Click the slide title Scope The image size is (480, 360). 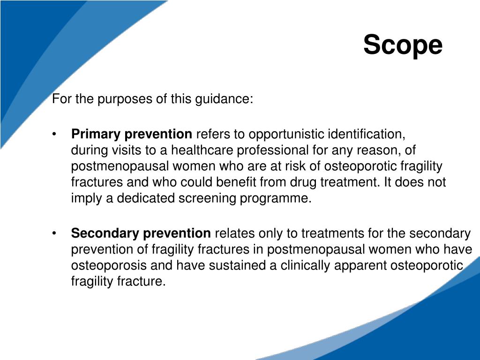pyautogui.click(x=403, y=45)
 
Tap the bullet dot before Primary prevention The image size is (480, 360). pyautogui.click(x=55, y=135)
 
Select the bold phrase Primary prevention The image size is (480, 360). pyautogui.click(x=132, y=135)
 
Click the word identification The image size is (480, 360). pyautogui.click(x=366, y=135)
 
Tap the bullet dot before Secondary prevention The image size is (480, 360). pyautogui.click(x=55, y=233)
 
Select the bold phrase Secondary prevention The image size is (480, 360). pyautogui.click(x=141, y=233)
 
